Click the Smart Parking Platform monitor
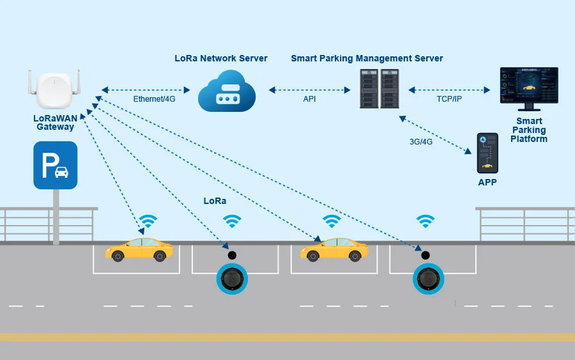pyautogui.click(x=529, y=86)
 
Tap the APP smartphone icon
pyautogui.click(x=487, y=153)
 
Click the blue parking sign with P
pyautogui.click(x=56, y=165)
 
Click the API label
pyautogui.click(x=309, y=99)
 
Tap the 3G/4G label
pyautogui.click(x=421, y=142)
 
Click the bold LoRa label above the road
pyautogui.click(x=215, y=201)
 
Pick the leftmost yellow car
pyautogui.click(x=139, y=249)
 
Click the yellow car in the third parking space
pyautogui.click(x=334, y=249)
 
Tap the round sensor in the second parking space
pyautogui.click(x=231, y=278)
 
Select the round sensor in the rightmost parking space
pyautogui.click(x=428, y=278)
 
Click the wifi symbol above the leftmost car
pyautogui.click(x=148, y=221)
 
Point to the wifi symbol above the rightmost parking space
pyautogui.click(x=425, y=221)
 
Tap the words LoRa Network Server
pyautogui.click(x=221, y=58)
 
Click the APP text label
pyautogui.click(x=487, y=183)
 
